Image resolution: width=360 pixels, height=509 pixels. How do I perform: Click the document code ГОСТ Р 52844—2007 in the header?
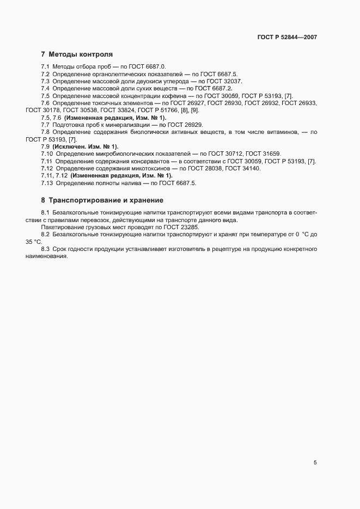(287, 38)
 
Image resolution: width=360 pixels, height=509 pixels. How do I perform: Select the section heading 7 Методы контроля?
(77, 54)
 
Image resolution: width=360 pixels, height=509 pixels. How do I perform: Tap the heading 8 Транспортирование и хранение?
(102, 200)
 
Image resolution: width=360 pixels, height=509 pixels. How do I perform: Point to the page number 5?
(315, 463)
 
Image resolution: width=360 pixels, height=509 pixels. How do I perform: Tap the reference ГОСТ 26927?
(191, 103)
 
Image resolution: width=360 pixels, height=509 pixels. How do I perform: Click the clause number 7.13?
(47, 183)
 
